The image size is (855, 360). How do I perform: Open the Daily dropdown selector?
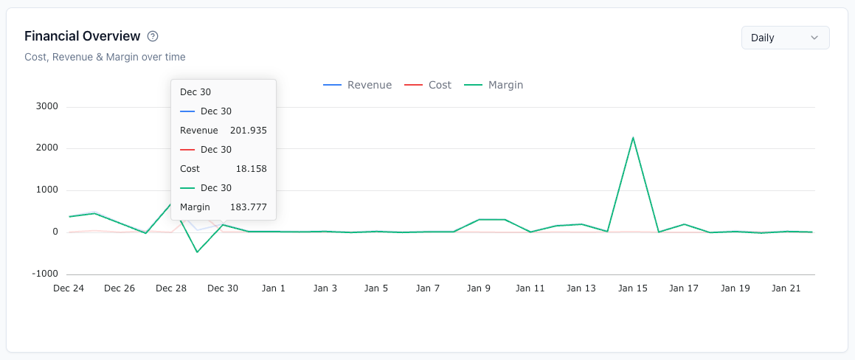[x=785, y=38]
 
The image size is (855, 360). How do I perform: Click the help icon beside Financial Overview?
[x=153, y=37]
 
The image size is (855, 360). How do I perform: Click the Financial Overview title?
[x=83, y=37]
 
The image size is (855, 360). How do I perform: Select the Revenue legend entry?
[x=358, y=85]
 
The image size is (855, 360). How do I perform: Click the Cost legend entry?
[x=428, y=85]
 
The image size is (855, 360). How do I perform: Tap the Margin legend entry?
[x=494, y=85]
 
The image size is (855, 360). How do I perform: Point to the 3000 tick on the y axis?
[x=46, y=106]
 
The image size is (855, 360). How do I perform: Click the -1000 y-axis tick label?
[x=45, y=274]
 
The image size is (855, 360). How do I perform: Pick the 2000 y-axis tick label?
[x=46, y=148]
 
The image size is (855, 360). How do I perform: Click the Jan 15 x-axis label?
[x=632, y=288]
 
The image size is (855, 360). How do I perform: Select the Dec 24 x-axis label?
[x=69, y=288]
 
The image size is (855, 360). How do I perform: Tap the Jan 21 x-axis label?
[x=786, y=288]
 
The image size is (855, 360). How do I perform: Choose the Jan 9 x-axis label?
[x=479, y=288]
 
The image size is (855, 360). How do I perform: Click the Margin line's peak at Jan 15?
[x=633, y=137]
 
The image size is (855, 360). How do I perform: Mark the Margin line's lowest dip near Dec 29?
[x=197, y=252]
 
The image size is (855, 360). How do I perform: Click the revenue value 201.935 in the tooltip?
[x=249, y=131]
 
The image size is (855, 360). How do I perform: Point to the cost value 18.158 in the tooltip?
[x=252, y=168]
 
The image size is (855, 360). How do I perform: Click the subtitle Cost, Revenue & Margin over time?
[x=105, y=57]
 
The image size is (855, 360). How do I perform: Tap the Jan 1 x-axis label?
[x=273, y=288]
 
